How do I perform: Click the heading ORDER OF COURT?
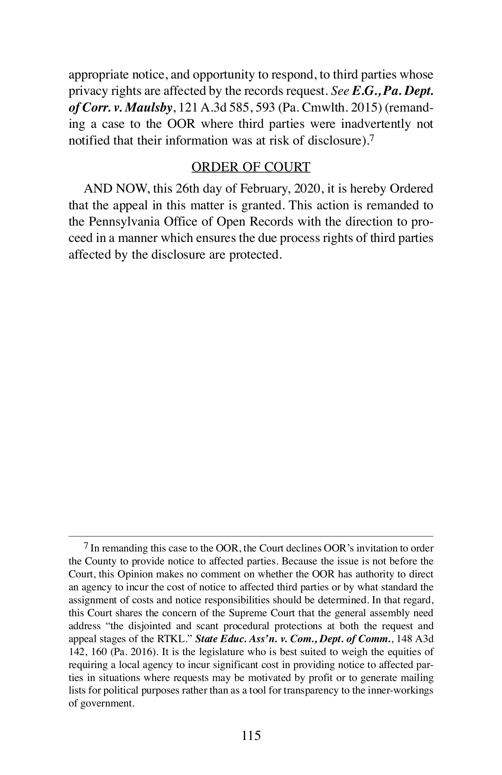tap(251, 167)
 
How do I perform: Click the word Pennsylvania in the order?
tap(125, 221)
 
